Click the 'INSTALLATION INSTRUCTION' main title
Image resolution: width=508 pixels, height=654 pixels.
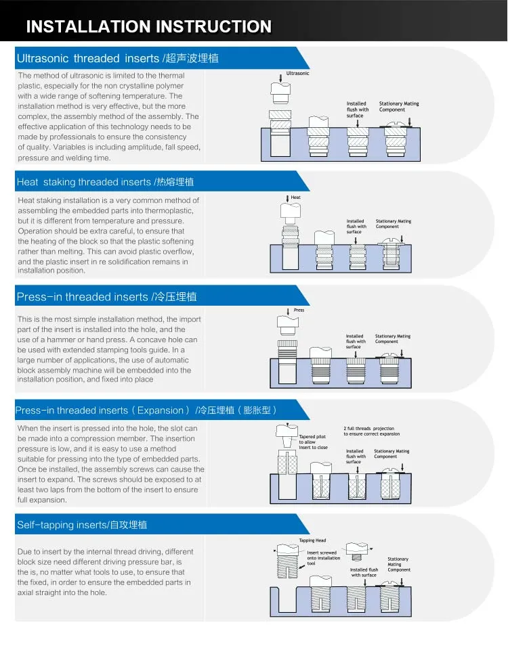click(x=148, y=27)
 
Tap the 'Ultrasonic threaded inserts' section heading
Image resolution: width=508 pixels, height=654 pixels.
click(x=117, y=58)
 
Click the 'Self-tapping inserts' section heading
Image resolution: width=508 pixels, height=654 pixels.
click(x=81, y=525)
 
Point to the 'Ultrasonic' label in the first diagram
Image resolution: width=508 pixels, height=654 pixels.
click(x=297, y=73)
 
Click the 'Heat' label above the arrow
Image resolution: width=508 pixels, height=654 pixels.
click(x=295, y=197)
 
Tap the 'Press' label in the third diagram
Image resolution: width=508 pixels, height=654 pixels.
click(x=299, y=310)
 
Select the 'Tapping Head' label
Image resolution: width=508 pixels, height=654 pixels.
click(x=312, y=540)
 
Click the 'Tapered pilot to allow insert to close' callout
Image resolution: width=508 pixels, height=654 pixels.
click(x=313, y=442)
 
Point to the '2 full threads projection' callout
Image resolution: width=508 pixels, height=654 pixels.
click(x=371, y=431)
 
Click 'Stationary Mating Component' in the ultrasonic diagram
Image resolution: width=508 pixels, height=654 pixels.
click(x=399, y=107)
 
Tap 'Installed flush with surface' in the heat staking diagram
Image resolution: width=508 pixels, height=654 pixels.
click(x=356, y=227)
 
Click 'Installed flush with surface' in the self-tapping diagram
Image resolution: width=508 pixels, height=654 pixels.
click(x=364, y=572)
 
